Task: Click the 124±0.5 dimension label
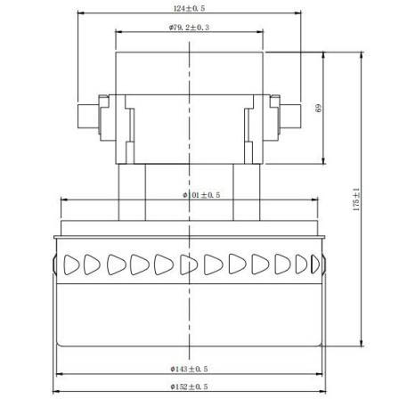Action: coord(189,8)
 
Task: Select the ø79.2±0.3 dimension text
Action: coord(189,28)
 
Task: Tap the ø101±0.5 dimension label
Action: coord(201,195)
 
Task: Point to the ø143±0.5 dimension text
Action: coord(189,369)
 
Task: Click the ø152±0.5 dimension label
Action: coord(189,387)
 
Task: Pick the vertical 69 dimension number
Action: coord(318,108)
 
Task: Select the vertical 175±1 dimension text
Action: coord(356,199)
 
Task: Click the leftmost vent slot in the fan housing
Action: coord(71,265)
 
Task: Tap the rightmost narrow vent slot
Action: coord(315,265)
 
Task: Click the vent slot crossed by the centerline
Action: coord(189,265)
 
